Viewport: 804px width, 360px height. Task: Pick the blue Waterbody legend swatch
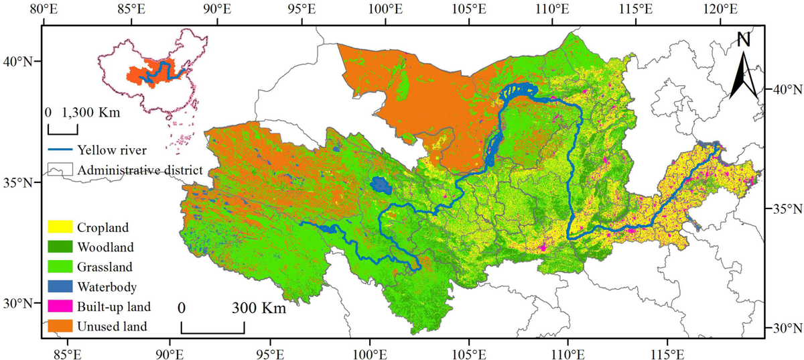coord(60,287)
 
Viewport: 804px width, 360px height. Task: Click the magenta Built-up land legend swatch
coord(60,306)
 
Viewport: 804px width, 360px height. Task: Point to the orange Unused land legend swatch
coord(60,326)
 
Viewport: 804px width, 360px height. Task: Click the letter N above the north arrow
coord(744,40)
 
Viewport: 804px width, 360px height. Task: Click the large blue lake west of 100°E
coord(381,185)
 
